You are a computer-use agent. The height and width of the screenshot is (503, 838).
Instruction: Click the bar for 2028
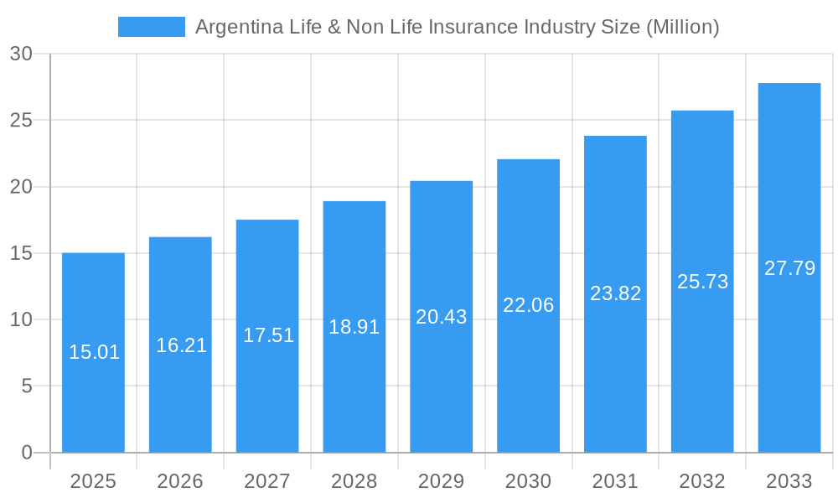354,377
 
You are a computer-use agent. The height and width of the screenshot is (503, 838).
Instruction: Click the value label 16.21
181,345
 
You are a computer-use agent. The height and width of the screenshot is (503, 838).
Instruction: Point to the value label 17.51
268,335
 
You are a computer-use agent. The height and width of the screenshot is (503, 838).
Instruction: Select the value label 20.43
442,317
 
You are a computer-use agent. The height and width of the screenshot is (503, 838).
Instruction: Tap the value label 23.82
615,293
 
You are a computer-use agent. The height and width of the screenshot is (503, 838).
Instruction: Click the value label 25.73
702,282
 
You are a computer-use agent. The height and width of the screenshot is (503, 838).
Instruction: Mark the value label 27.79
789,268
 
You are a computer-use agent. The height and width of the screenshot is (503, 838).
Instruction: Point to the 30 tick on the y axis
21,54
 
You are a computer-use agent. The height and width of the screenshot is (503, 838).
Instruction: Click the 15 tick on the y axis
21,253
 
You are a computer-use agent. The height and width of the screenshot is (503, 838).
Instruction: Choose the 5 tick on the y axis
26,386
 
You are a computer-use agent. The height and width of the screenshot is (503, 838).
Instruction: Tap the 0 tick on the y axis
26,453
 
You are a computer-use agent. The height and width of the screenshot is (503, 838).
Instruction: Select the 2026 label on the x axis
180,481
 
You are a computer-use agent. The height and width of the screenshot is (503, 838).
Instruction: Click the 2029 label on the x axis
442,481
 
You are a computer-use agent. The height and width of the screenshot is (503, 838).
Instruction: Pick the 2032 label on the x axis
702,481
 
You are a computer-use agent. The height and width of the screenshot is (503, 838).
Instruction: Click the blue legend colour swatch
152,27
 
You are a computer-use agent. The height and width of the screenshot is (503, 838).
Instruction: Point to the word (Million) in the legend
682,27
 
